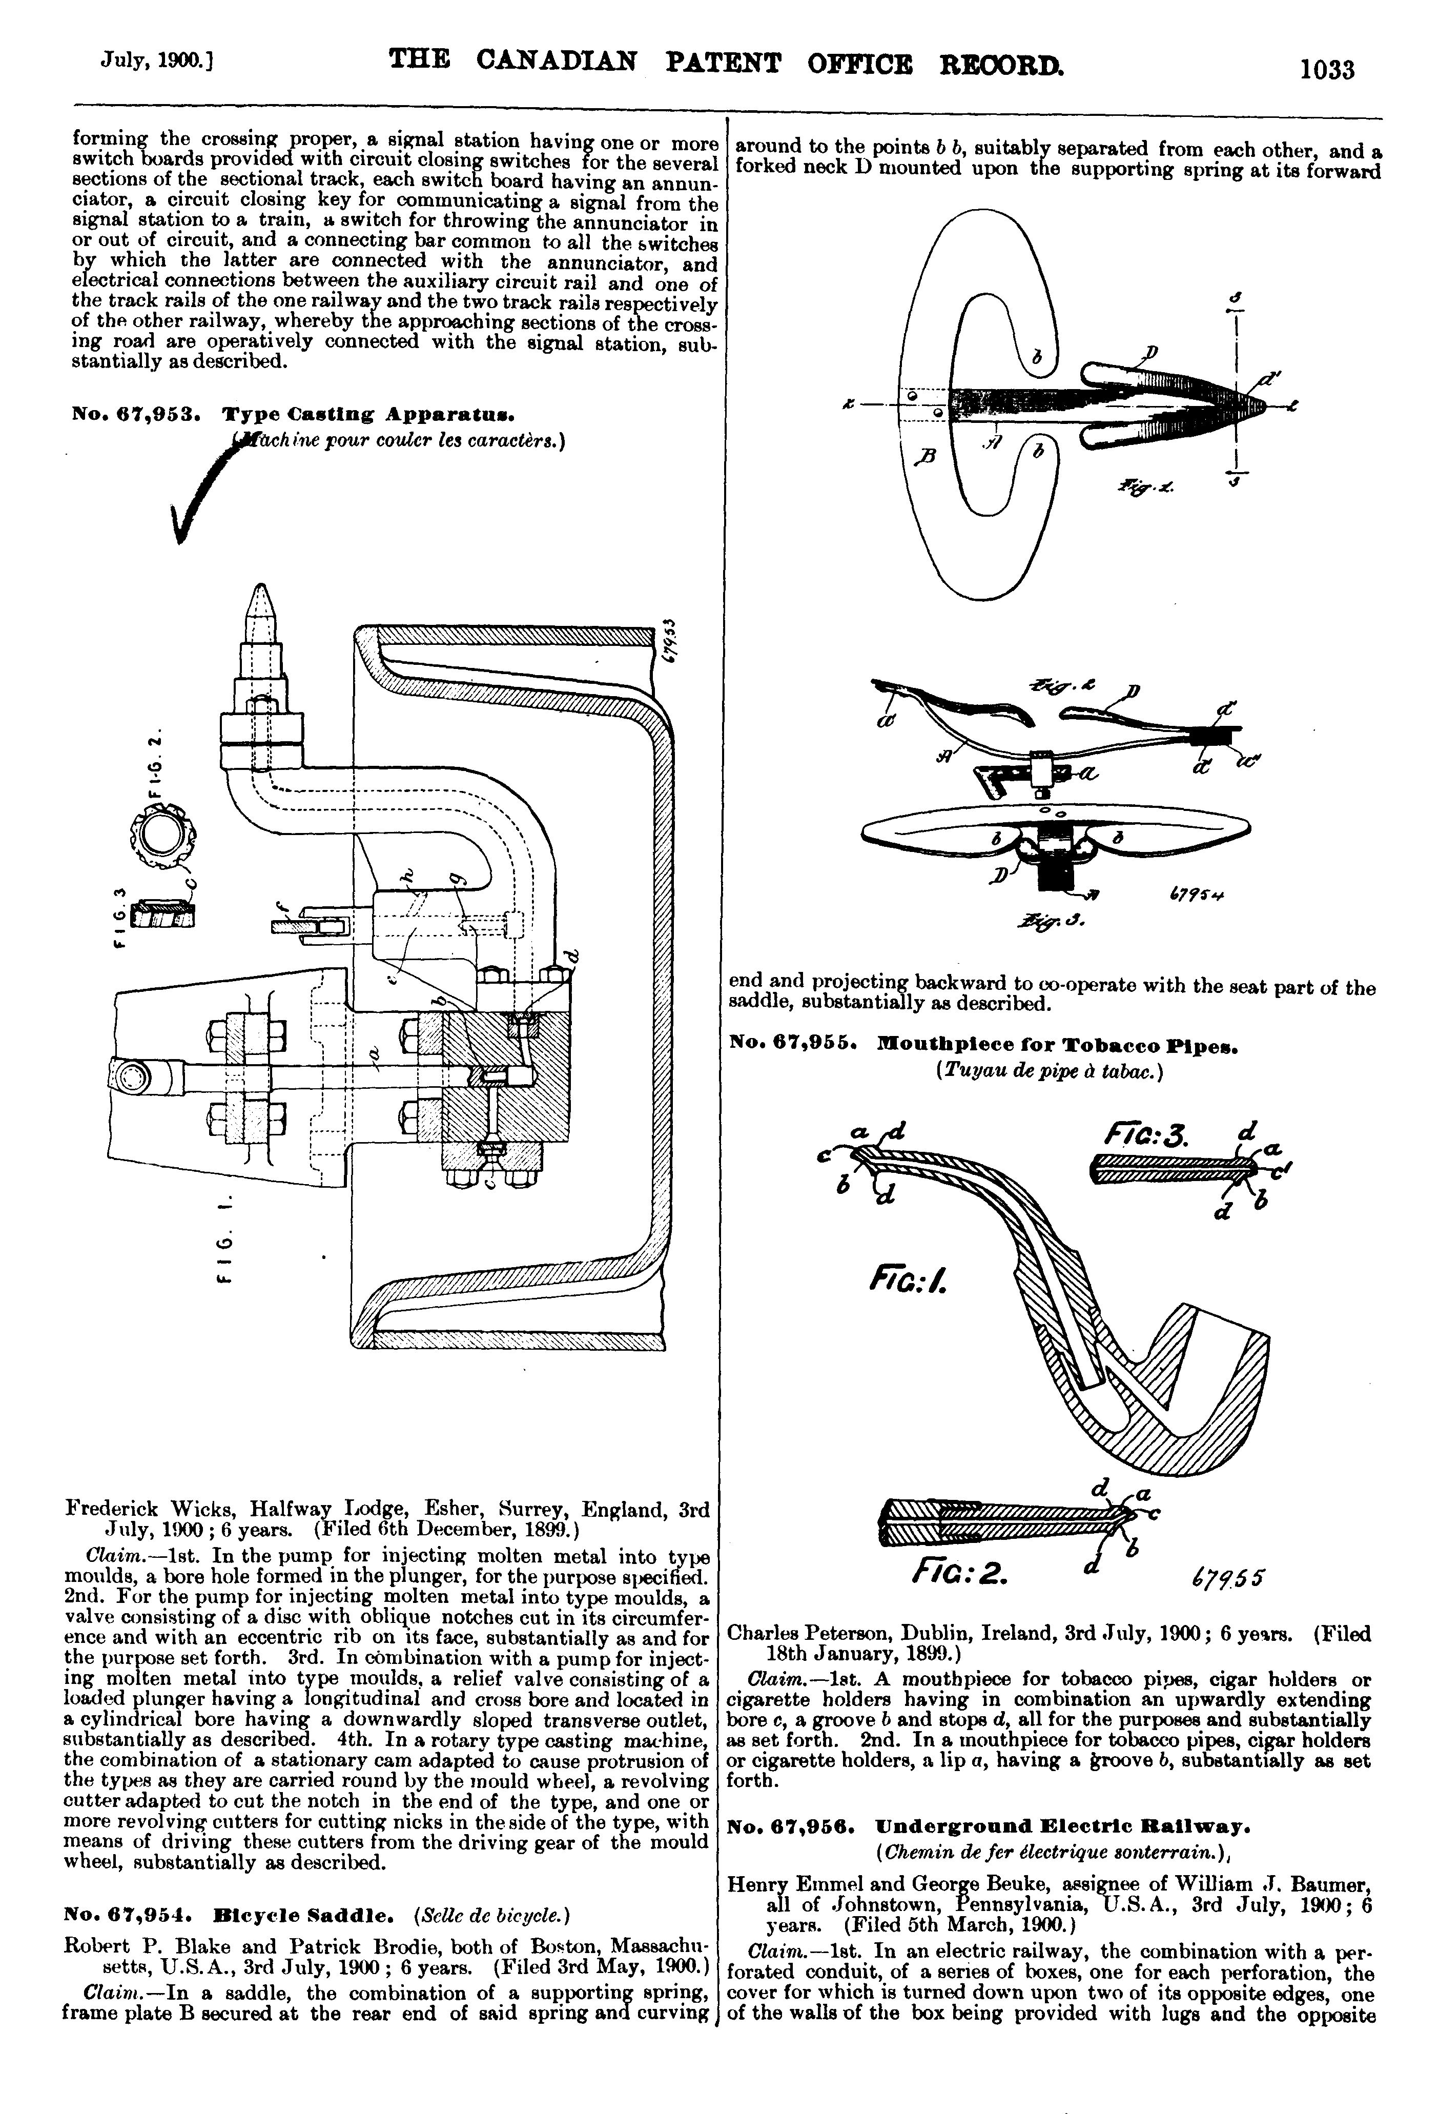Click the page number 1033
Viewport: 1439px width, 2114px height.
1327,69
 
